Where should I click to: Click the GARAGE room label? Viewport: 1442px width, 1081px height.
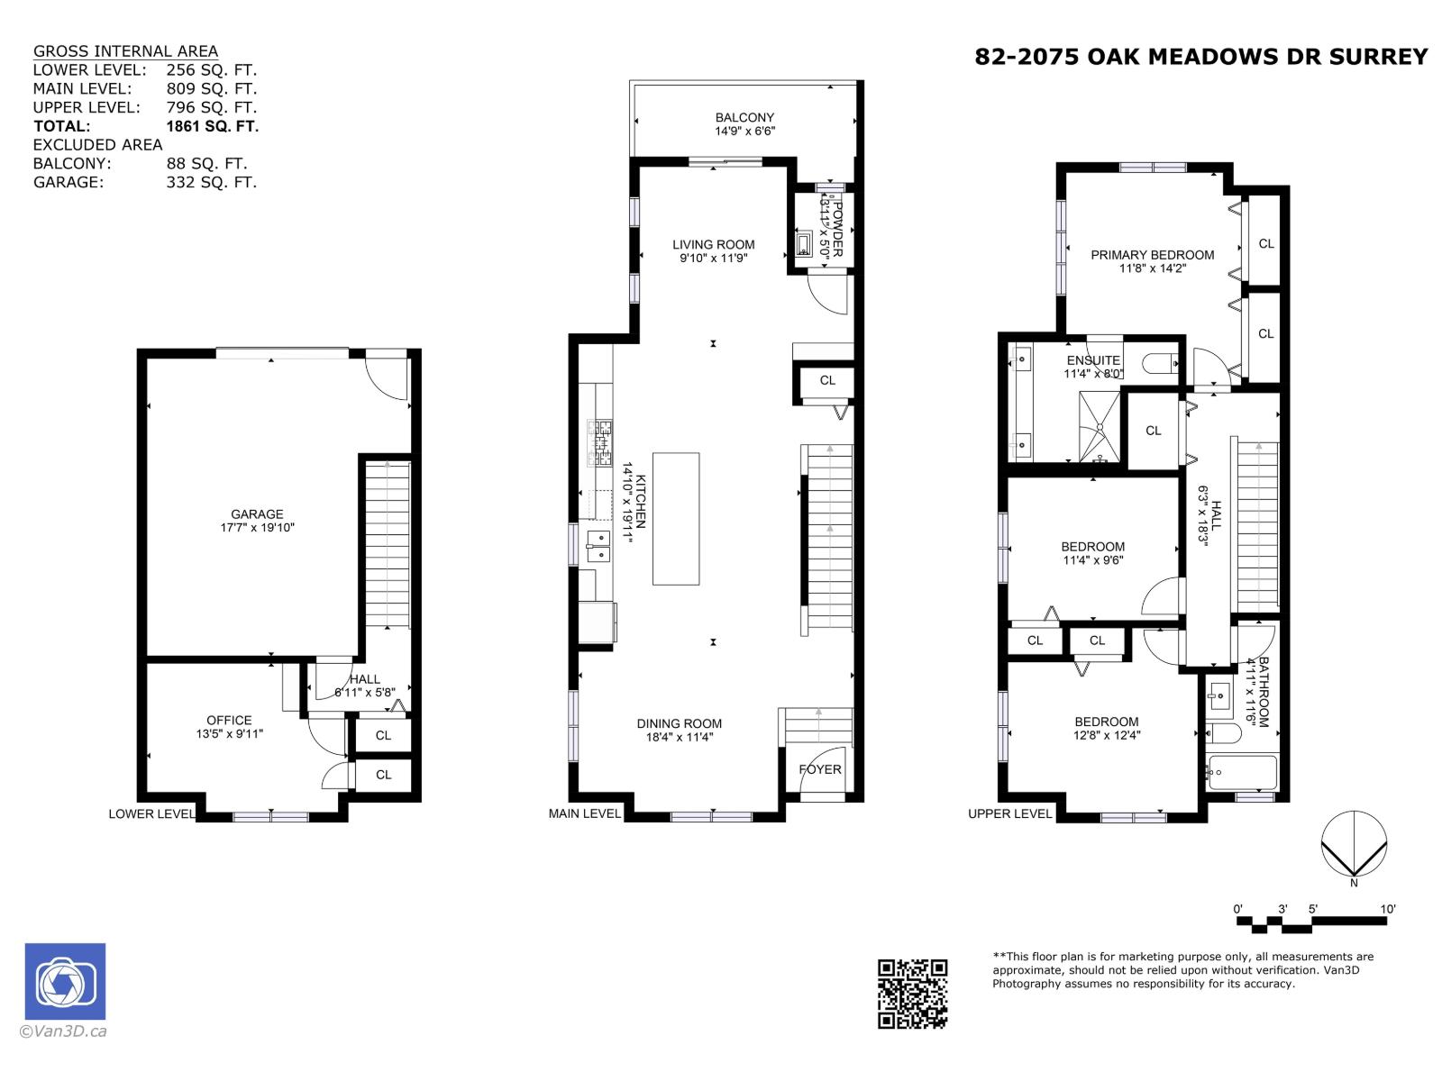tap(257, 515)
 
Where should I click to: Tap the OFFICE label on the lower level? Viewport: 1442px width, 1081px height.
tap(229, 721)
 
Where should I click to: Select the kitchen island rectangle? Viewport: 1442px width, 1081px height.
tap(676, 519)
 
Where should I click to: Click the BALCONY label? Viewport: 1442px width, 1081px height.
tap(744, 118)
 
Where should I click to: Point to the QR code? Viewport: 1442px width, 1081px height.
tap(912, 994)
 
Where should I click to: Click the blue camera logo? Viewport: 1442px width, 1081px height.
tap(65, 982)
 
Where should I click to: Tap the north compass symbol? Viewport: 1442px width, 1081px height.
tap(1354, 845)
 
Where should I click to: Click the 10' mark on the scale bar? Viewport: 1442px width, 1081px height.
tap(1388, 910)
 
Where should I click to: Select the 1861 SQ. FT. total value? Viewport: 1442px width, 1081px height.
tap(212, 126)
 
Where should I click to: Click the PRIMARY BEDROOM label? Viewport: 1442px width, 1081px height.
tap(1152, 255)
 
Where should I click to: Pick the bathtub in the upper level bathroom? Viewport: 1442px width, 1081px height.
tap(1242, 773)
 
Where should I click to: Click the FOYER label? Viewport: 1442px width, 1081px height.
tap(820, 769)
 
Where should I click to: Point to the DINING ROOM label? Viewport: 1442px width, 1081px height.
tap(679, 723)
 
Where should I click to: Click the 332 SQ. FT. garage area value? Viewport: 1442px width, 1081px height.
tap(212, 182)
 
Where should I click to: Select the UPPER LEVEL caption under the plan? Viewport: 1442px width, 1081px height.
tap(1009, 813)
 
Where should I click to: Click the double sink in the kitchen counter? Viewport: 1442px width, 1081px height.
tap(598, 546)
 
